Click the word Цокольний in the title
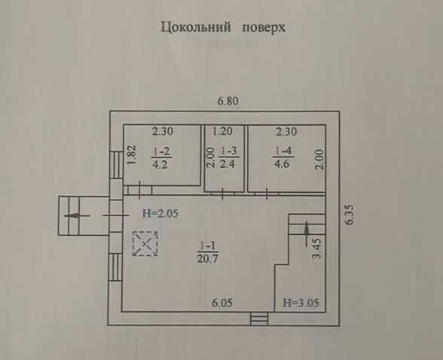tap(196, 28)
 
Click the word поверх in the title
tap(264, 28)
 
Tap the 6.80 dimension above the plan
tap(228, 101)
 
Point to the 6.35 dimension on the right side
tap(350, 215)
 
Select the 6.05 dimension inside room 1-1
tap(222, 303)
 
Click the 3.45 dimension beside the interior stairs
tap(317, 249)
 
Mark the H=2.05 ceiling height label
tap(160, 213)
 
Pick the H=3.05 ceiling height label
tap(301, 303)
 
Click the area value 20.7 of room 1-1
tap(208, 258)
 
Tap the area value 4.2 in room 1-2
tap(160, 164)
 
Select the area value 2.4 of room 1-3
tap(228, 163)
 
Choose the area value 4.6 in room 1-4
tap(282, 163)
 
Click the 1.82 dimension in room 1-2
tap(132, 154)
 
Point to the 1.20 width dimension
tap(222, 131)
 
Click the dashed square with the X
tap(145, 244)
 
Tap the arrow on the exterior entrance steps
tap(77, 215)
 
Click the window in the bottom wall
tap(259, 319)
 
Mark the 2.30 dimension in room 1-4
tap(286, 132)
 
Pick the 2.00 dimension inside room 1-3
tap(211, 158)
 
